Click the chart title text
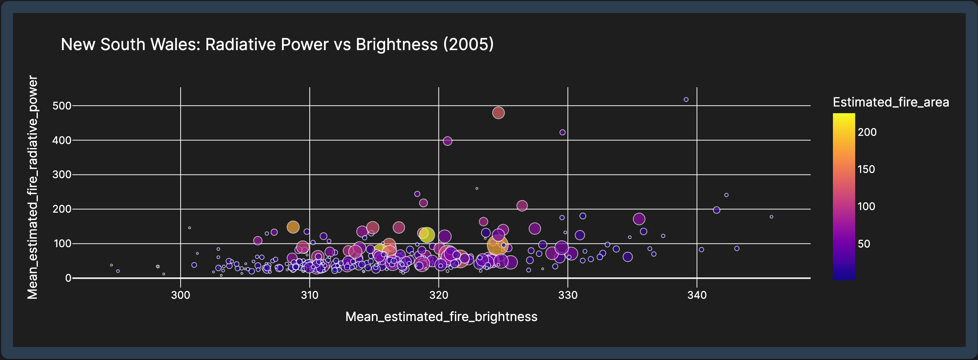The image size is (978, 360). (277, 45)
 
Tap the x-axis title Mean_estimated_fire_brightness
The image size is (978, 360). (441, 317)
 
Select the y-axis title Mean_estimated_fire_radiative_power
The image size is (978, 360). (33, 187)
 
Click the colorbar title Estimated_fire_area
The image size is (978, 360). (891, 102)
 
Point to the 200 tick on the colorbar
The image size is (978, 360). (867, 132)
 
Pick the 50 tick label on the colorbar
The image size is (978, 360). (864, 244)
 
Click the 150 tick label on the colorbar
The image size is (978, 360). (866, 169)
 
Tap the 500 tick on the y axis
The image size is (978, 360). (62, 105)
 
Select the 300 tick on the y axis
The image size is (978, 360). (62, 175)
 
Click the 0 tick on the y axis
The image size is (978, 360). (68, 278)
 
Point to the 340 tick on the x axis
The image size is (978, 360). (697, 295)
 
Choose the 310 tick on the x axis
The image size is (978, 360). (309, 295)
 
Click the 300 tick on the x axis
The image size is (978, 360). (180, 295)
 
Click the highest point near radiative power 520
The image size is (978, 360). (686, 99)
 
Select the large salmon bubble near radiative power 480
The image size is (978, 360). (499, 113)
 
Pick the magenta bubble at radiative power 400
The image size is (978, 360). (447, 141)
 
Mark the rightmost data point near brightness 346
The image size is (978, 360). (771, 217)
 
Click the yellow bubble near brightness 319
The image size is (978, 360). (427, 235)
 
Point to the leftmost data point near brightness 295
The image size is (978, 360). (111, 265)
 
